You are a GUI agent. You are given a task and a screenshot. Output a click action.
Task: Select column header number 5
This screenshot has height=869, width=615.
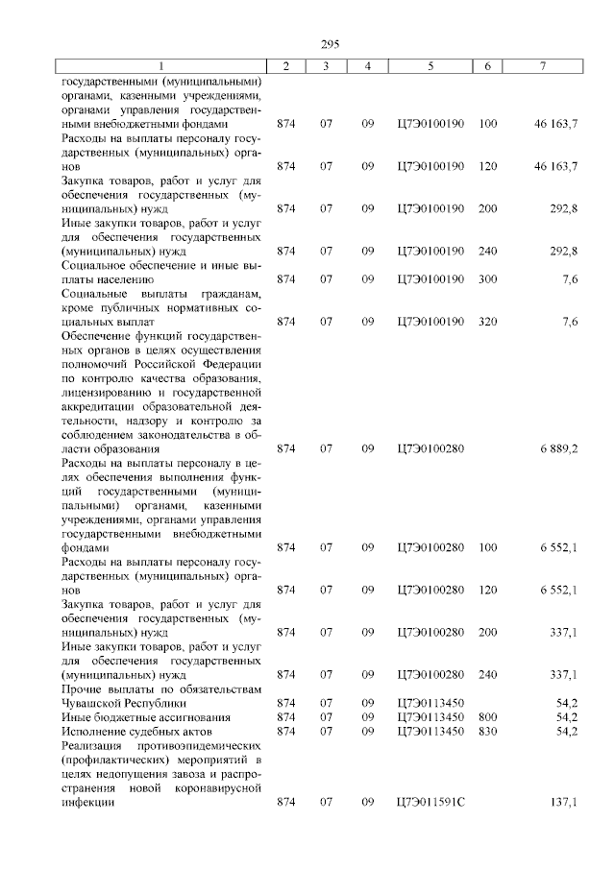click(430, 65)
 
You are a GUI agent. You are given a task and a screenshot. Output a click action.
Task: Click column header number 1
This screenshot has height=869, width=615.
click(160, 65)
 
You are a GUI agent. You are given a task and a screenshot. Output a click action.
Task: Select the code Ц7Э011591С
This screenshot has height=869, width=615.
click(430, 801)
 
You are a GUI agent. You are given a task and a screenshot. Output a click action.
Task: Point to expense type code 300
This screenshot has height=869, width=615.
click(487, 279)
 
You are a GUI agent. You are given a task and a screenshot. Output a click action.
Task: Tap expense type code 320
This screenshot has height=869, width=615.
click(487, 322)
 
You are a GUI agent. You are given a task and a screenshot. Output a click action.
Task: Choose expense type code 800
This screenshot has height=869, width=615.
click(487, 716)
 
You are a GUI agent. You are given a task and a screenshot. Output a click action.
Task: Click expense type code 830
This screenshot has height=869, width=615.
click(487, 731)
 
